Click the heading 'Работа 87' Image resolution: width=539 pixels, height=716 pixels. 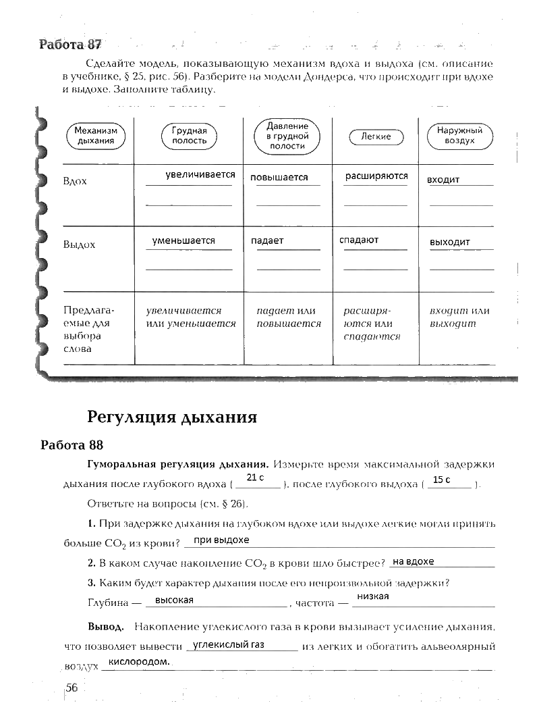[70, 45]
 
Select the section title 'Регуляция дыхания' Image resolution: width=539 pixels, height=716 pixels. [172, 416]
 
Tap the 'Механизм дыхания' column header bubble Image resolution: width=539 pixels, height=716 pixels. [96, 136]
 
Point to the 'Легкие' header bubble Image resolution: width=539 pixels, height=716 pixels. [376, 136]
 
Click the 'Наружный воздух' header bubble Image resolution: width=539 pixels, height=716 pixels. [459, 136]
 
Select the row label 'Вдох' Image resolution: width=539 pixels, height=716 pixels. [75, 182]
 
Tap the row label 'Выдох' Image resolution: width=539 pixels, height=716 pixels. [79, 245]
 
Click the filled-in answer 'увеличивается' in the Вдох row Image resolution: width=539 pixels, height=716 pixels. [200, 174]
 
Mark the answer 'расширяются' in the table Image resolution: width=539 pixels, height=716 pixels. [376, 176]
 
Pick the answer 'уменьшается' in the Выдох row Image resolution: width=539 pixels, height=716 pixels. [183, 240]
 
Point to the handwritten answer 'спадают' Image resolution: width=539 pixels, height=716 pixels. [359, 240]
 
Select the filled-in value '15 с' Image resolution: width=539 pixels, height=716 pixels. [441, 480]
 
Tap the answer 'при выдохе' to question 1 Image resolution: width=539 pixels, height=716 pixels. [221, 540]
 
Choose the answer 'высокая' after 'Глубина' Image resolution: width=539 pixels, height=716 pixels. [174, 600]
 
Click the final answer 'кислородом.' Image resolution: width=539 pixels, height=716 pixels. [139, 662]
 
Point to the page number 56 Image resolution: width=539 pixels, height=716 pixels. [72, 688]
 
